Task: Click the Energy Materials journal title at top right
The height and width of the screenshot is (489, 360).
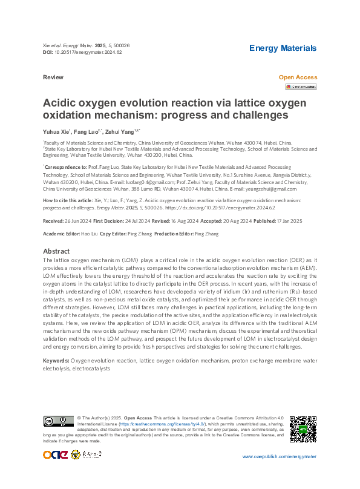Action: point(283,48)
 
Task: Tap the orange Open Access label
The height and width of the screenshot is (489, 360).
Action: point(297,77)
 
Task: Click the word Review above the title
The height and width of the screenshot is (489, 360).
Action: point(53,78)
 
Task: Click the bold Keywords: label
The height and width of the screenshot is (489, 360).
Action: point(56,360)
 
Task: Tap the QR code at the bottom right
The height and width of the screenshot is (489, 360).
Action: point(303,428)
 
